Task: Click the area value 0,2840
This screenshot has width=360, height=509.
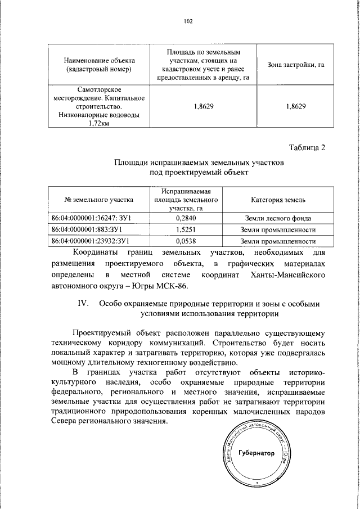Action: pos(185,218)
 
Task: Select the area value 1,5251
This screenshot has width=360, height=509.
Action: pos(185,229)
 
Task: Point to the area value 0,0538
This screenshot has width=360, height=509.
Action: pos(185,241)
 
